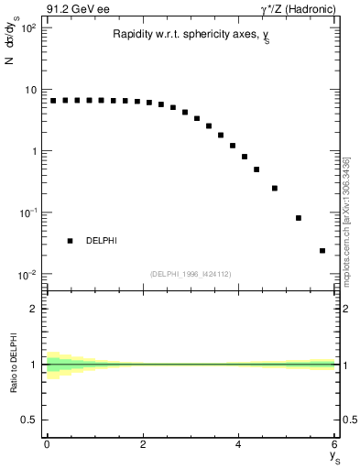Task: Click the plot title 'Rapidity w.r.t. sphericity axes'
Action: [191, 34]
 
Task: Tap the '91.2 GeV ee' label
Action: [75, 8]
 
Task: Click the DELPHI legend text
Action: [102, 241]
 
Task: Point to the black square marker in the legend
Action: [70, 241]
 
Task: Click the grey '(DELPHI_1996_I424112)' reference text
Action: [191, 273]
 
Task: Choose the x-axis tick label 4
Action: [238, 446]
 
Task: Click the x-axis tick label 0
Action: [47, 446]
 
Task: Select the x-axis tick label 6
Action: [334, 446]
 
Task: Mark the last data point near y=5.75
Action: [322, 250]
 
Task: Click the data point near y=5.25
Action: [299, 218]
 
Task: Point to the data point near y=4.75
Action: [275, 188]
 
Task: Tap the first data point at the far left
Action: [53, 101]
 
